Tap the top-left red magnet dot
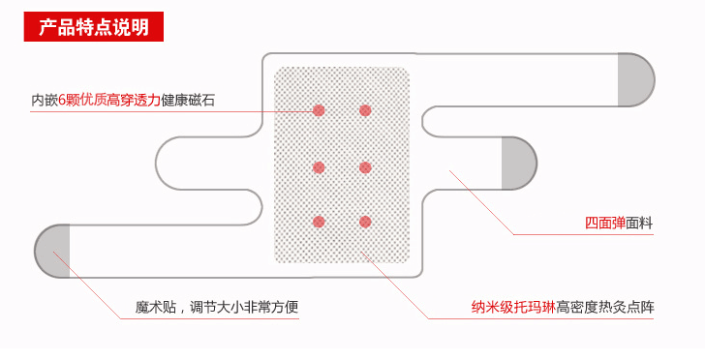(319, 110)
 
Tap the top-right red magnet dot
(365, 110)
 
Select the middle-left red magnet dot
(319, 167)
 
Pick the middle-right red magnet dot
(365, 167)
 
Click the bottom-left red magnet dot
(319, 222)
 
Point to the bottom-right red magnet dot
(365, 222)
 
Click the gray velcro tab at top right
(635, 79)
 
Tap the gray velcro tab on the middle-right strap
(517, 164)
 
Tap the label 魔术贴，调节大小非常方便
(217, 310)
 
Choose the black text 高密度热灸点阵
(605, 310)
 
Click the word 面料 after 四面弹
(640, 224)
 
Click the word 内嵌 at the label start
(45, 99)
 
